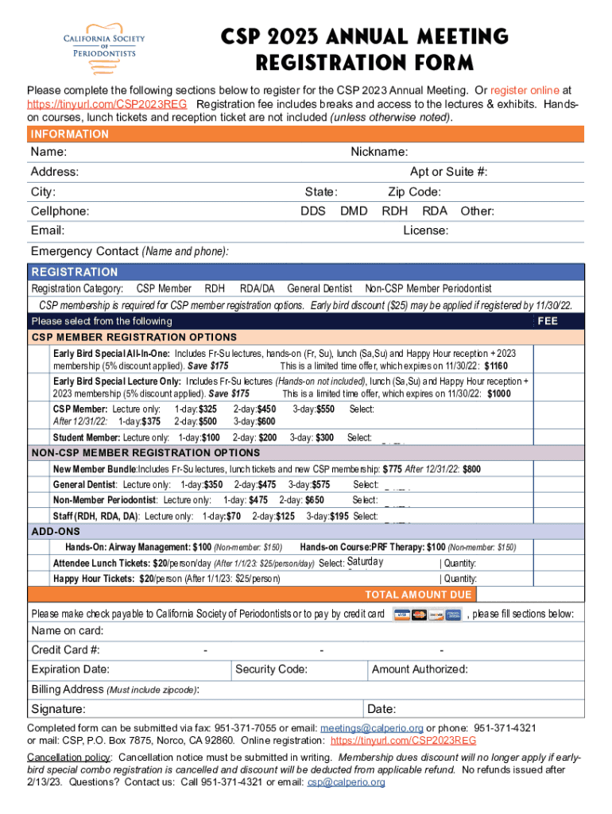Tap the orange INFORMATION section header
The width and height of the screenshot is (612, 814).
pyautogui.click(x=70, y=134)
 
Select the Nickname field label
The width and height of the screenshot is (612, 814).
pyautogui.click(x=379, y=152)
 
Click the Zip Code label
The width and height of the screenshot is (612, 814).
pyautogui.click(x=414, y=192)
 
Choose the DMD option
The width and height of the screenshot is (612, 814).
pyautogui.click(x=354, y=211)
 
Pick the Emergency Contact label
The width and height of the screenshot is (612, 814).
pyautogui.click(x=84, y=251)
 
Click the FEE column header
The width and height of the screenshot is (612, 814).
pyautogui.click(x=548, y=321)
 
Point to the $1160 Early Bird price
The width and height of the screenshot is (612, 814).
pyautogui.click(x=497, y=366)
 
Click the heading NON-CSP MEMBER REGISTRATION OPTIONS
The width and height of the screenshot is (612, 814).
pyautogui.click(x=145, y=452)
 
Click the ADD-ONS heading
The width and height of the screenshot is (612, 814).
pyautogui.click(x=56, y=531)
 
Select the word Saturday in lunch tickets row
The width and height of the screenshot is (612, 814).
pyautogui.click(x=366, y=562)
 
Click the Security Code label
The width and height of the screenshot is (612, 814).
pyautogui.click(x=272, y=669)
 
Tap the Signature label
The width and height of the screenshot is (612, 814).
pyautogui.click(x=59, y=709)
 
